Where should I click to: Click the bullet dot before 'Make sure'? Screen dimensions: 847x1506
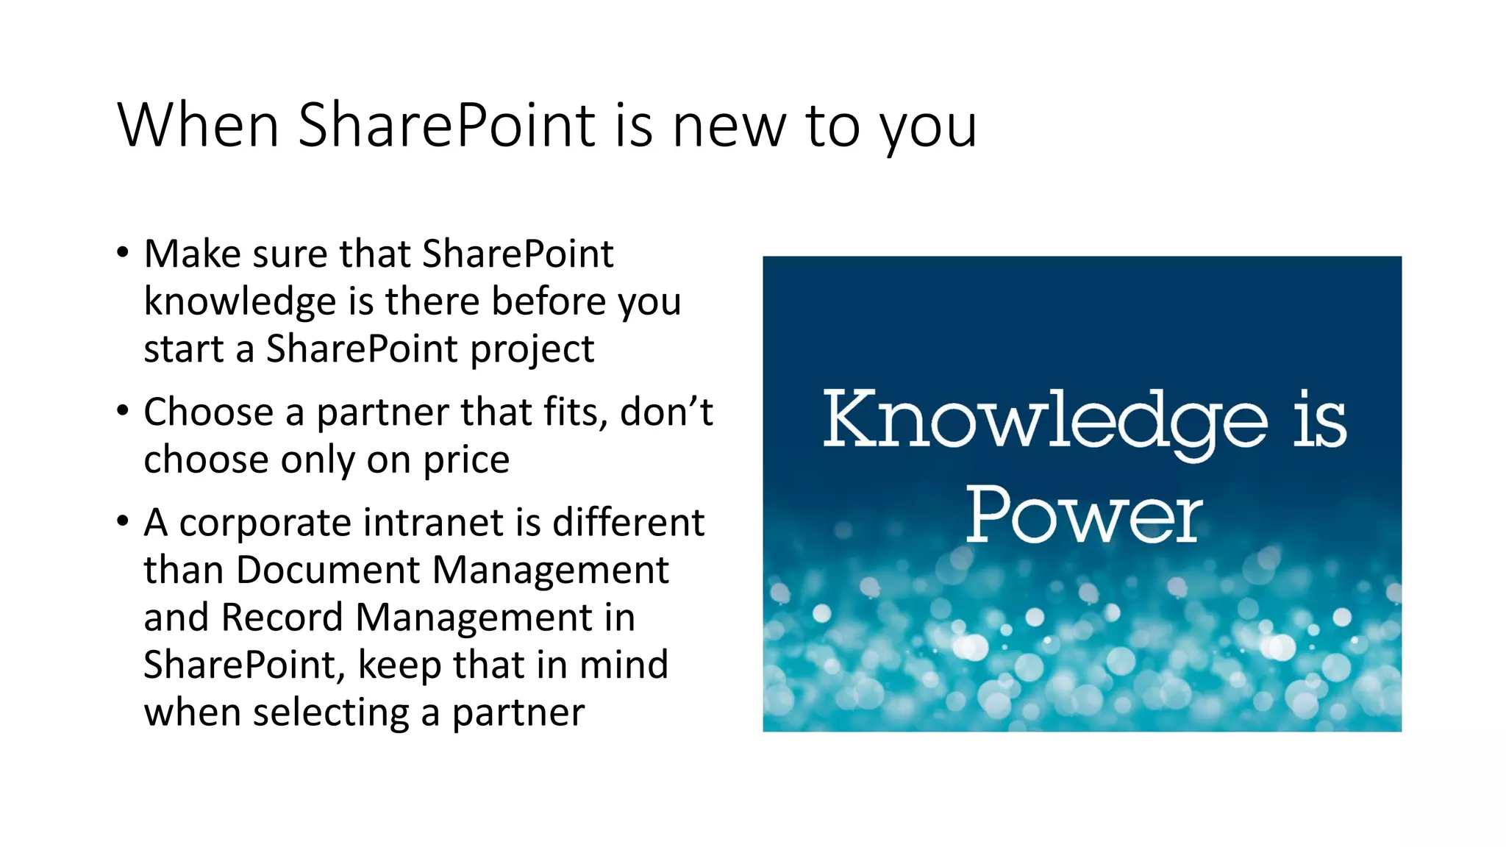pyautogui.click(x=123, y=252)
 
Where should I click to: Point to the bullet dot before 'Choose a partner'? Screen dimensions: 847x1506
pyautogui.click(x=123, y=410)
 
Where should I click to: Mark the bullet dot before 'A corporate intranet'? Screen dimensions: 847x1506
pyautogui.click(x=123, y=521)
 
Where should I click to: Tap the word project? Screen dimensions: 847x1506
pyautogui.click(x=532, y=350)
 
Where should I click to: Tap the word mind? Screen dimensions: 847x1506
pyautogui.click(x=624, y=665)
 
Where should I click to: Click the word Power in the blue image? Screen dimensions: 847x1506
pyautogui.click(x=1084, y=515)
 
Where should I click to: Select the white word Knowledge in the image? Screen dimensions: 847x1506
pyautogui.click(x=1045, y=420)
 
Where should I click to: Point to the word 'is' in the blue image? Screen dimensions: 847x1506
pyautogui.click(x=1320, y=420)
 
